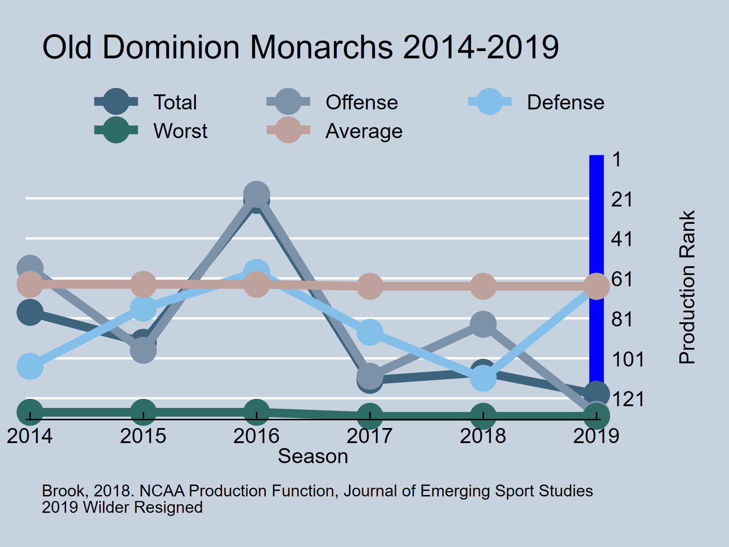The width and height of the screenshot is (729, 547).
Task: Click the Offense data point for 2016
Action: (257, 194)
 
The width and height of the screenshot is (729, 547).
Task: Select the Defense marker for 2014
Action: (30, 366)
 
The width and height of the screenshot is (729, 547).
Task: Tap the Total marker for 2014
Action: (30, 312)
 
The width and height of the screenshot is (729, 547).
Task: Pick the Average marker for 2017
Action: (370, 286)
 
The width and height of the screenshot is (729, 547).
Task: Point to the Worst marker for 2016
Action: (257, 412)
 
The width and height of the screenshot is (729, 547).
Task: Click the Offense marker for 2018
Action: (483, 325)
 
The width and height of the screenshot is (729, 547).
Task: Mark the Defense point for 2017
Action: (370, 332)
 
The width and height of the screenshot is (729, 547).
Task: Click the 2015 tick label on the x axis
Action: (143, 436)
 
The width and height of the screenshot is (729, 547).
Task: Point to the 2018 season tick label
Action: (483, 436)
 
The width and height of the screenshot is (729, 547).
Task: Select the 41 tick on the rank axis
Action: (622, 239)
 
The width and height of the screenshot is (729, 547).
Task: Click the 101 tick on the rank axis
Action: (627, 359)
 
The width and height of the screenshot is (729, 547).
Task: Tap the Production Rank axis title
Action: (687, 287)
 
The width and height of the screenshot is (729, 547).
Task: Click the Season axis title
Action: (313, 456)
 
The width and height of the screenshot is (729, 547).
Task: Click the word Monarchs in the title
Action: (321, 47)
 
